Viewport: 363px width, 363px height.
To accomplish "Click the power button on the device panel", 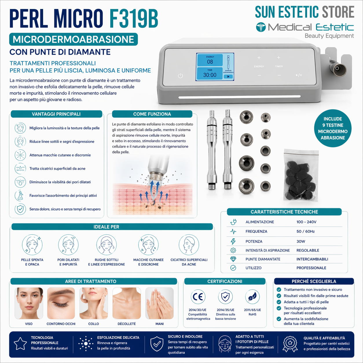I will click(x=180, y=76).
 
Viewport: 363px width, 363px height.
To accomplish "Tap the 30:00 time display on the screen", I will click(x=210, y=75).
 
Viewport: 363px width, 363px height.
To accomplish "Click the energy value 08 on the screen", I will click(x=210, y=62).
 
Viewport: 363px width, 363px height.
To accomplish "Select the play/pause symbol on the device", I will click(x=299, y=75).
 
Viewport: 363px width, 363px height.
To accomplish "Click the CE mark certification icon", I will click(x=198, y=297).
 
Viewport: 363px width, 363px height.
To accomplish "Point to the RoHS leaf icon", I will click(x=252, y=297).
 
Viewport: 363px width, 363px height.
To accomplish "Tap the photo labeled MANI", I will click(x=159, y=303).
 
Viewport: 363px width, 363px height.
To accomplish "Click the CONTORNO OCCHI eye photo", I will click(x=61, y=303).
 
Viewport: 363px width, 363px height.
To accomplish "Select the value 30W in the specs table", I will click(x=301, y=241).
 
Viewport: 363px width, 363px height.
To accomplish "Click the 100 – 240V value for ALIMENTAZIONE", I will click(x=306, y=222).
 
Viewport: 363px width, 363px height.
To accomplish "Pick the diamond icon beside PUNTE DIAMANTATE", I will click(x=233, y=259).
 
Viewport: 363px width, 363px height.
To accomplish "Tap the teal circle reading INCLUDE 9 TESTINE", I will click(x=333, y=128).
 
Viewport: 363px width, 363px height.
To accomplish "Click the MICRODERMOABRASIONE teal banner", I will click(x=74, y=39).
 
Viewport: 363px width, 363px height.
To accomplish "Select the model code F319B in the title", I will click(x=134, y=19).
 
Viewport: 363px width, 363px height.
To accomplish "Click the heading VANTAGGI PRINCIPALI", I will click(x=56, y=114).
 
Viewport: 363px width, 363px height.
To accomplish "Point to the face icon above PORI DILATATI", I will click(x=68, y=245).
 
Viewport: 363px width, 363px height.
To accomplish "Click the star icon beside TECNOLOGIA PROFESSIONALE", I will click(x=20, y=344).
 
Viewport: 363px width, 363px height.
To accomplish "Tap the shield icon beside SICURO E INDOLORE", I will click(x=157, y=344).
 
